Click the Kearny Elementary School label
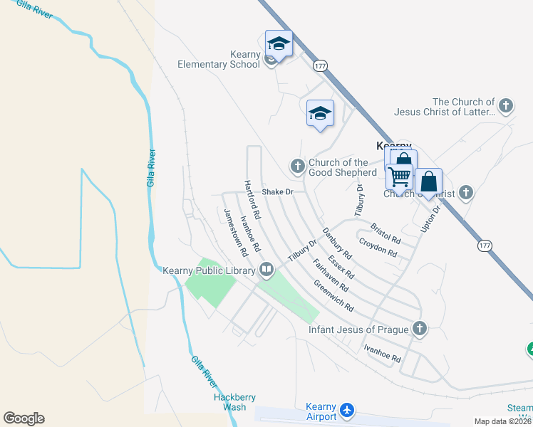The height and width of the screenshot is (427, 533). pyautogui.click(x=219, y=59)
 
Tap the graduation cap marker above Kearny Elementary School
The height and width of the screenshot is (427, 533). pyautogui.click(x=279, y=45)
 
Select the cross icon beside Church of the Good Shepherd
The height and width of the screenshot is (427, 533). pyautogui.click(x=297, y=167)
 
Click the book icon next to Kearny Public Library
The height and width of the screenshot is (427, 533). pyautogui.click(x=266, y=269)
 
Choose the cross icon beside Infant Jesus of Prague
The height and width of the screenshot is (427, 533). pyautogui.click(x=420, y=329)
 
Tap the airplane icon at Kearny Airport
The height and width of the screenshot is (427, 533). pyautogui.click(x=347, y=411)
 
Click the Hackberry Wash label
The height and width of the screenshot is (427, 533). pyautogui.click(x=230, y=402)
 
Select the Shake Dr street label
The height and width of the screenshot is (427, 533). pyautogui.click(x=277, y=192)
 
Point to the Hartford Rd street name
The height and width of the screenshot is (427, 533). pyautogui.click(x=252, y=199)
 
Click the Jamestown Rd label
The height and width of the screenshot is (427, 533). pyautogui.click(x=235, y=232)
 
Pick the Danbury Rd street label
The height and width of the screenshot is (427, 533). pyautogui.click(x=337, y=243)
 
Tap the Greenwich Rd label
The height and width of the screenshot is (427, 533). pyautogui.click(x=333, y=297)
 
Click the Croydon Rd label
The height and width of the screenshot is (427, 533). pyautogui.click(x=378, y=247)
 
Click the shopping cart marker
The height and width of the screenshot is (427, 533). pyautogui.click(x=400, y=176)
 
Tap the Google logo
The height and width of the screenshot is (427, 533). pyautogui.click(x=24, y=418)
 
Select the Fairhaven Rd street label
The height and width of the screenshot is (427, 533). pyautogui.click(x=331, y=275)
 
